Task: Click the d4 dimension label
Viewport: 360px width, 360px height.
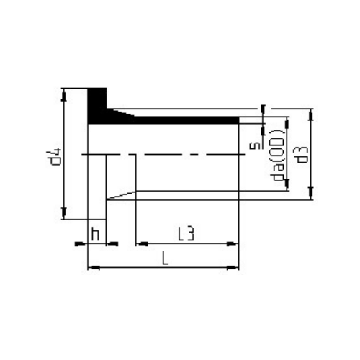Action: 56,157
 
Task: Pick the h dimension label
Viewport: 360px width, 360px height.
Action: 95,233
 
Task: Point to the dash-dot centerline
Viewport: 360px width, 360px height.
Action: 166,154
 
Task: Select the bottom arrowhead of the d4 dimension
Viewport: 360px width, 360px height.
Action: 65,213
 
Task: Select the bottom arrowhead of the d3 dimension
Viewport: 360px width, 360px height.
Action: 312,195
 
